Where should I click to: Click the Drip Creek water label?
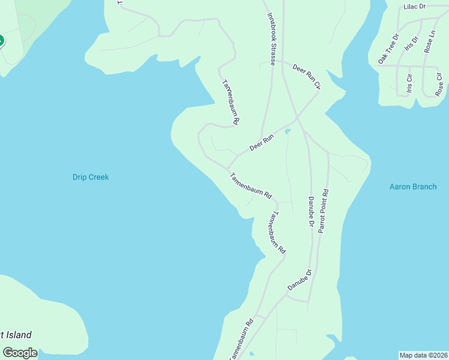(91, 177)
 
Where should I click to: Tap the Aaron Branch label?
(413, 187)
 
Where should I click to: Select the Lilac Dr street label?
(414, 7)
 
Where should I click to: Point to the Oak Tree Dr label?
(388, 49)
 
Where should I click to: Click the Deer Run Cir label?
(307, 77)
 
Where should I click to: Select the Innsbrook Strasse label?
(272, 35)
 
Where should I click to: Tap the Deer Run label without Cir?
(262, 142)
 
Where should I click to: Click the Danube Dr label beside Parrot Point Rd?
(311, 212)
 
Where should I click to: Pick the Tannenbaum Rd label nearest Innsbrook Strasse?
(231, 103)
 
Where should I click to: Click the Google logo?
(20, 353)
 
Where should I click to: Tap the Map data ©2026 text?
(423, 355)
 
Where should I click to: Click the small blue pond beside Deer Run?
(288, 131)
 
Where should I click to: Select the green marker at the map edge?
(1, 41)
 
